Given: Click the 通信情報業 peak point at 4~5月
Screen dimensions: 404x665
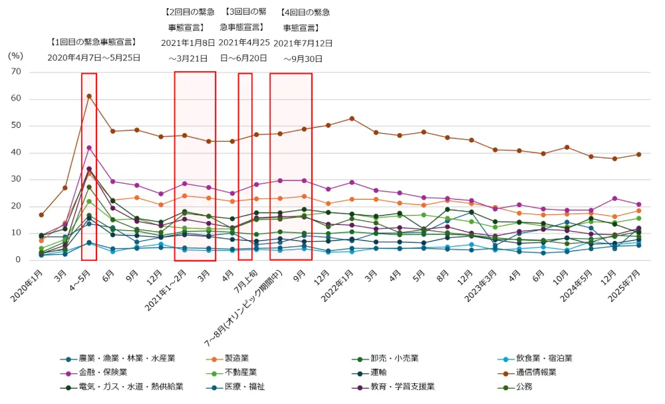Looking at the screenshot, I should [89, 97].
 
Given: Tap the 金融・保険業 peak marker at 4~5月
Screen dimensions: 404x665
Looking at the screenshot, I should [89, 148].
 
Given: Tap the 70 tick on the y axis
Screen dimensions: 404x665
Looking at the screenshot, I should [16, 72].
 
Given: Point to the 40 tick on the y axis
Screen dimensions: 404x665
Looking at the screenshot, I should [16, 152].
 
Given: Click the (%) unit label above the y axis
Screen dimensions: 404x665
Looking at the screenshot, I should [15, 56].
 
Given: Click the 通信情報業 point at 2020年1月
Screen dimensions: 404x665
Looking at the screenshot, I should [41, 215].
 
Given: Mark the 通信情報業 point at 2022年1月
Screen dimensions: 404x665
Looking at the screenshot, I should [352, 118].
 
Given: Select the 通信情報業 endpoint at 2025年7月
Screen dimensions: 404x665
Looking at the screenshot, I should [639, 154].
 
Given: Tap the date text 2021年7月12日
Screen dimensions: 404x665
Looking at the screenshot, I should [303, 43].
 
